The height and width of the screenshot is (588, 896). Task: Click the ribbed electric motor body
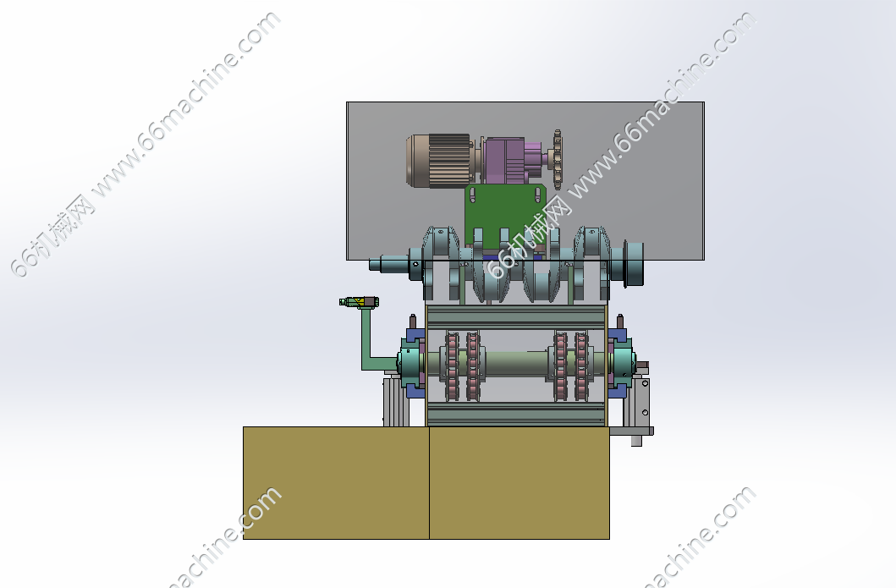438,161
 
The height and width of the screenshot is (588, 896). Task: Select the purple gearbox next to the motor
512,161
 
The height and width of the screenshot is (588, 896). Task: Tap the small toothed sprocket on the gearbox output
557,159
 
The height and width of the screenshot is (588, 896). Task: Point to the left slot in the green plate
472,196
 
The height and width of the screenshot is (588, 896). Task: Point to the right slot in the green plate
538,195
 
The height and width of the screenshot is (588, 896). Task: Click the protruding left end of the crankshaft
388,264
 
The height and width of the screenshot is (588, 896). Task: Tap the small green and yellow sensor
359,302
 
